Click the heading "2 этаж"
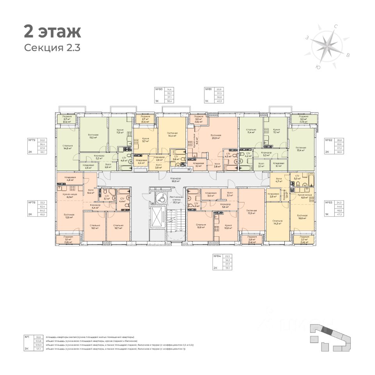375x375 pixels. (52, 31)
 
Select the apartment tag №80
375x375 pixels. (159, 89)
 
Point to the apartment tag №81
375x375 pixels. (209, 89)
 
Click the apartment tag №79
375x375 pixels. (32, 140)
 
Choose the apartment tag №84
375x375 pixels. (217, 256)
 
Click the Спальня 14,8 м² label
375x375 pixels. (68, 147)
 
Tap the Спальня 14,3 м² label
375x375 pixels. (277, 222)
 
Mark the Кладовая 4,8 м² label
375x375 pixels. (71, 179)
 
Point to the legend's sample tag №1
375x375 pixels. (27, 337)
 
